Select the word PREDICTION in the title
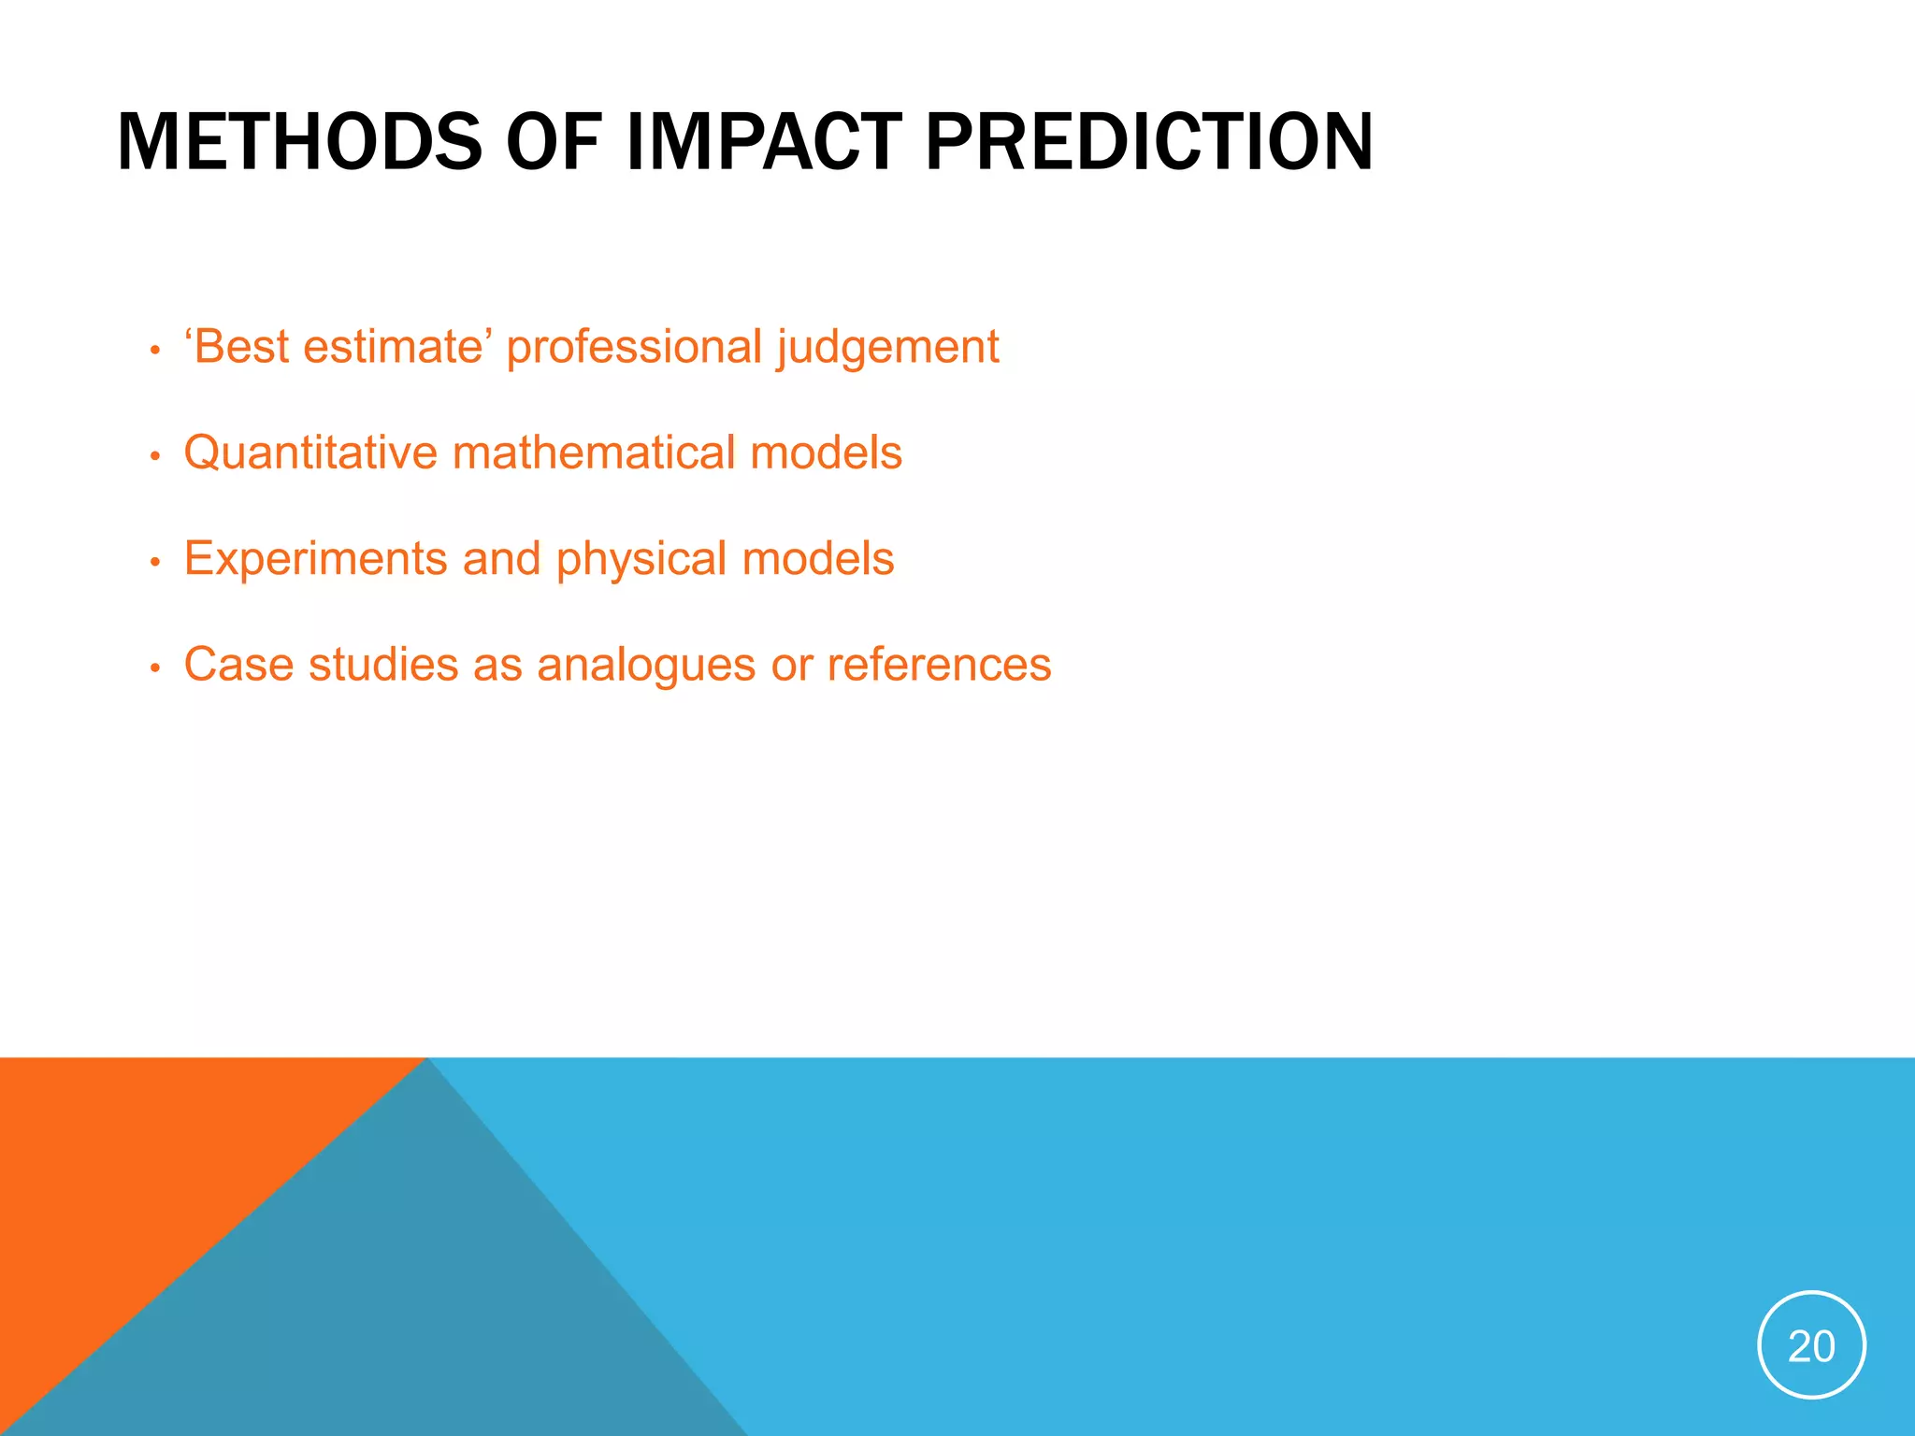click(x=1148, y=142)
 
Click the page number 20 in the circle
click(x=1811, y=1346)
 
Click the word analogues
click(x=646, y=666)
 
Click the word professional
click(x=634, y=348)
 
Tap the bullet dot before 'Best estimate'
click(x=155, y=352)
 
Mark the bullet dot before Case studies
click(x=155, y=668)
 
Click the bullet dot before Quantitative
click(x=155, y=457)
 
